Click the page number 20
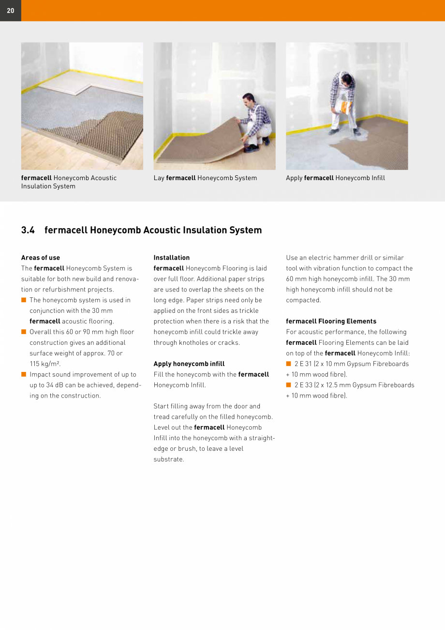click(10, 11)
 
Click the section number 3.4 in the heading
click(28, 230)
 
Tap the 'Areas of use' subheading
click(41, 258)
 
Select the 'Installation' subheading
click(172, 258)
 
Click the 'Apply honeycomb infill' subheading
click(189, 364)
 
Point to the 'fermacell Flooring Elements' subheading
click(331, 321)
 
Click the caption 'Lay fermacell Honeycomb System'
click(205, 178)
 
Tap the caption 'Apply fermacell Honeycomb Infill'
click(335, 178)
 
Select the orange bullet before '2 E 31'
click(289, 364)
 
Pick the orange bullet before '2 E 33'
click(289, 385)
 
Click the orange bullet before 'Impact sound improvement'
click(24, 374)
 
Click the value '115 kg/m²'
click(45, 364)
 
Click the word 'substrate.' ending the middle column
click(169, 459)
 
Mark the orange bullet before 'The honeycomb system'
click(24, 300)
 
